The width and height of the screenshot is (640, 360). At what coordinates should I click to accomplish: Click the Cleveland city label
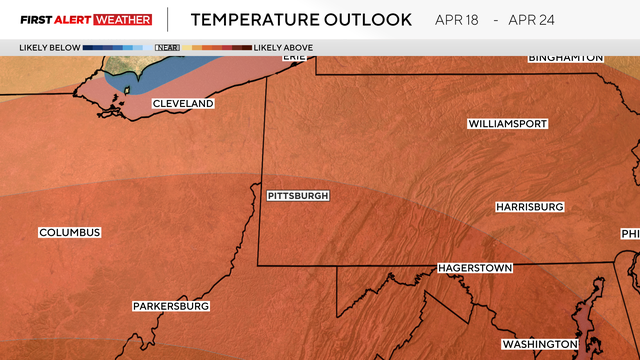click(x=183, y=104)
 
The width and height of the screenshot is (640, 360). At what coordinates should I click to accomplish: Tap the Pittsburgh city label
click(x=298, y=196)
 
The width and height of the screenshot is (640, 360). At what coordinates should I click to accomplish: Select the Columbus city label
click(x=70, y=233)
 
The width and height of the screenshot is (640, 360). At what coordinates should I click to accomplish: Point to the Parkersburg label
click(x=171, y=306)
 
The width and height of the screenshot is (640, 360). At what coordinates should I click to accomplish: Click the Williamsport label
click(x=507, y=124)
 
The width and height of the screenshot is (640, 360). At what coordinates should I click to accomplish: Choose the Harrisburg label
click(x=530, y=207)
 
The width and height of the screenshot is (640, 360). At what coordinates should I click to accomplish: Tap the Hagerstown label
click(x=475, y=269)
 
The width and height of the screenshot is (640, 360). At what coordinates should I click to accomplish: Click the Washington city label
click(x=540, y=344)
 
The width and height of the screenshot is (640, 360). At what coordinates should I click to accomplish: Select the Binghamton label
click(x=566, y=58)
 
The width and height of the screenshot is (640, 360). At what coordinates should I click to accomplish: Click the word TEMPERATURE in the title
click(x=251, y=19)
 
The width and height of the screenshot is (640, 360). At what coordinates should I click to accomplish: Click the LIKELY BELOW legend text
click(x=48, y=47)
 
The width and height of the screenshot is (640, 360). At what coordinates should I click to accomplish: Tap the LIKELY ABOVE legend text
click(x=284, y=47)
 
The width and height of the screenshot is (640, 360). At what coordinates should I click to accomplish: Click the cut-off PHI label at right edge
click(x=630, y=234)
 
